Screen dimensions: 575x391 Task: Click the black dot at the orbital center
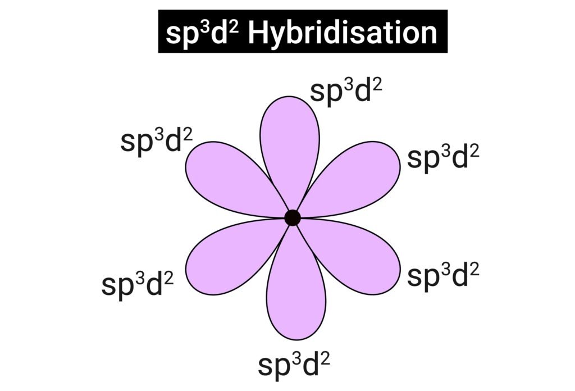tap(292, 217)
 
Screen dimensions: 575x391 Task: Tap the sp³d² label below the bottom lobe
tap(294, 365)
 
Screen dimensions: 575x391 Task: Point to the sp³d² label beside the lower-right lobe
tap(443, 276)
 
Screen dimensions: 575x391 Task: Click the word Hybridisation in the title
tap(343, 33)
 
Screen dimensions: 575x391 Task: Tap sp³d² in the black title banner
tap(202, 34)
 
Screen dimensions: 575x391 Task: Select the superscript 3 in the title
tap(207, 28)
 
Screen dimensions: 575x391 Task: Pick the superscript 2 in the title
tap(234, 28)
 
